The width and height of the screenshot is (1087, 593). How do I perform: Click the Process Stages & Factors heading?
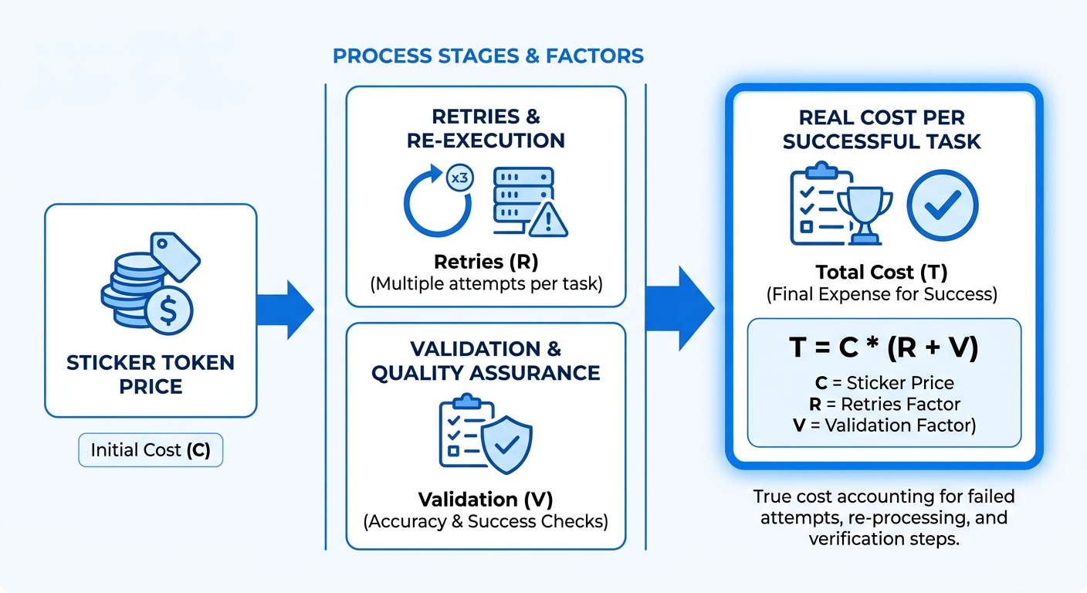click(x=487, y=56)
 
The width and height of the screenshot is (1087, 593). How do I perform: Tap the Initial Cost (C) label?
click(x=151, y=449)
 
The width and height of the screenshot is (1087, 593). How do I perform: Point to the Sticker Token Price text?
click(x=151, y=373)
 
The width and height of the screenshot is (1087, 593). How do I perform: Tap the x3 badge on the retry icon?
click(x=459, y=178)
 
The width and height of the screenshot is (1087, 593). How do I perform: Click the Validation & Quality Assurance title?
click(x=486, y=361)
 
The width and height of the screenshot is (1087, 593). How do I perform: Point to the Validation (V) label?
click(x=486, y=499)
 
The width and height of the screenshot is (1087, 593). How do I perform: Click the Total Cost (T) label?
click(x=882, y=272)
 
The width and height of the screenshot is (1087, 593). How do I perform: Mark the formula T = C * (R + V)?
click(x=884, y=348)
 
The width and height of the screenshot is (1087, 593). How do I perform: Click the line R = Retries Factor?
click(x=884, y=403)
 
